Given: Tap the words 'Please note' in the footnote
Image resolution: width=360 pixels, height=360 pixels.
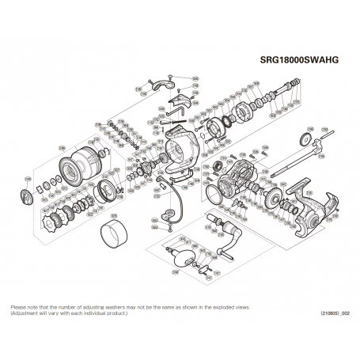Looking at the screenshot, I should (x=24, y=305).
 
